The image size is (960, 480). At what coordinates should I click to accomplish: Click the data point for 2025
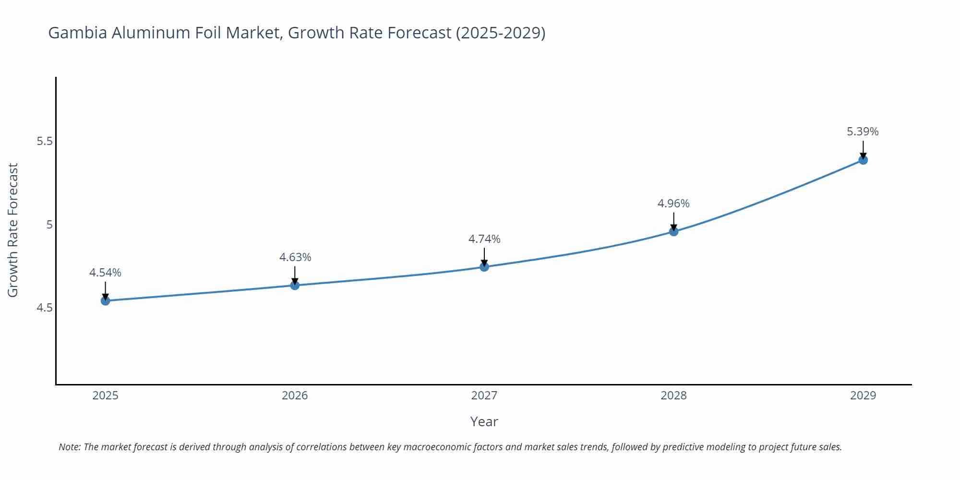tap(105, 301)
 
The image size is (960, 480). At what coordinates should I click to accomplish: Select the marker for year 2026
tap(295, 286)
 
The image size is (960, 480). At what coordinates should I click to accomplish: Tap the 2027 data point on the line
tap(484, 267)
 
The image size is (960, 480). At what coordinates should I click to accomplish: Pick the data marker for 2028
tap(673, 231)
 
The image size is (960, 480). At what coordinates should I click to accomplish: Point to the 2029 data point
tap(863, 160)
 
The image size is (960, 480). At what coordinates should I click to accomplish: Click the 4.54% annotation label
tap(105, 273)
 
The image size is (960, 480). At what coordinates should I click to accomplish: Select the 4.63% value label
tap(295, 257)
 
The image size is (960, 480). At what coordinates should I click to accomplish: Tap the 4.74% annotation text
tap(484, 239)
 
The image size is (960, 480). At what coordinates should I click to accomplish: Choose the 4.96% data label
tap(673, 204)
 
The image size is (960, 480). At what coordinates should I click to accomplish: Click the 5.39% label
tap(863, 132)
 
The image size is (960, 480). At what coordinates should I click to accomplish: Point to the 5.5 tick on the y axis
tap(44, 142)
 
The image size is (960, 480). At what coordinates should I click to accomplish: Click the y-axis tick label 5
tap(49, 225)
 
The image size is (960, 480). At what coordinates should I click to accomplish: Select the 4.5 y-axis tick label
tap(44, 308)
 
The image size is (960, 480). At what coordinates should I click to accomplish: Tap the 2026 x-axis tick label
tap(295, 396)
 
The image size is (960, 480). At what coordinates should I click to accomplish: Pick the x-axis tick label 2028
tap(673, 396)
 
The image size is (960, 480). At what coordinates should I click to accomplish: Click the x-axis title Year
tap(484, 421)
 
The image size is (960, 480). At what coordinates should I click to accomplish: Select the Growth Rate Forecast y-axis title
tap(13, 230)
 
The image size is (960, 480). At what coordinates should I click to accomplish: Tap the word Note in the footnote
tap(69, 447)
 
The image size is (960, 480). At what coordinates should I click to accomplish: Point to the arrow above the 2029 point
tap(863, 149)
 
